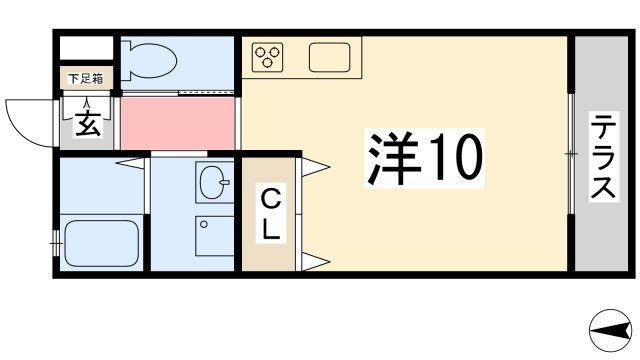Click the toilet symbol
pos(150,60)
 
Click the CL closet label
pos(271,213)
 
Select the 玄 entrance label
pos(85,125)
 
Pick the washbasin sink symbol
pos(214,182)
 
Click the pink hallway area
pos(178,121)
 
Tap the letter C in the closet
pos(271,198)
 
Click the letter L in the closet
pos(271,229)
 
